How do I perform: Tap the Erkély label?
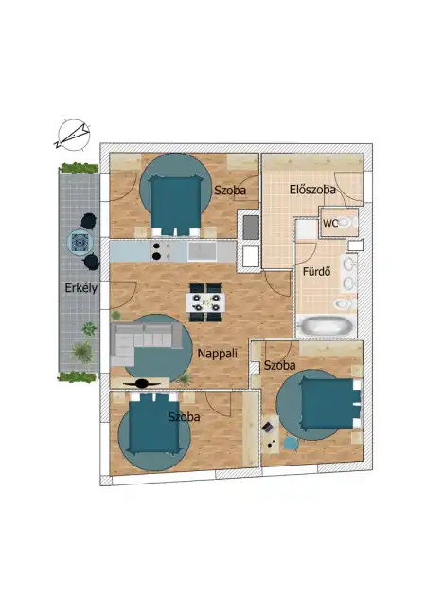point(78,288)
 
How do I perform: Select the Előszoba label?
point(312,191)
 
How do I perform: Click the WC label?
point(331,224)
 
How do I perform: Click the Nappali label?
point(217,354)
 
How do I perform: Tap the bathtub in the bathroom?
point(326,327)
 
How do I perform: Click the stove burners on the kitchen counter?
point(162,251)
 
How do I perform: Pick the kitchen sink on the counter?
point(201,251)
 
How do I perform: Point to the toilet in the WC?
point(347,223)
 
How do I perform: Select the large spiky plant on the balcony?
point(81,353)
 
